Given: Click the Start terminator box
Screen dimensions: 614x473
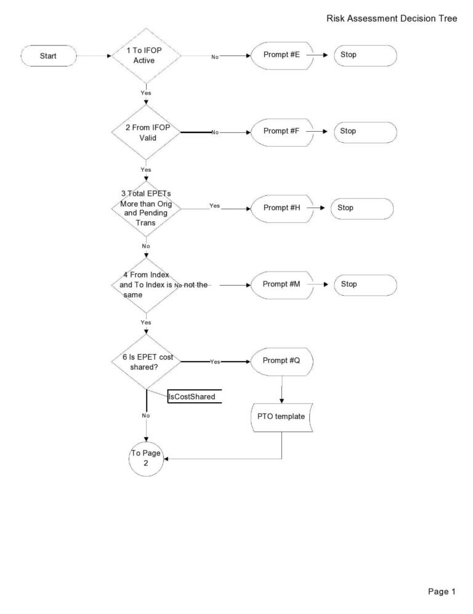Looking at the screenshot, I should pyautogui.click(x=48, y=56).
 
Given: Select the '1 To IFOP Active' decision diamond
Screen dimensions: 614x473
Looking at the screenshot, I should pyautogui.click(x=145, y=56).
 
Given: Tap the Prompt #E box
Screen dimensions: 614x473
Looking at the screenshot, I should pyautogui.click(x=281, y=55).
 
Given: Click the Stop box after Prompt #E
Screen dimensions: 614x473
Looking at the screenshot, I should pyautogui.click(x=365, y=55).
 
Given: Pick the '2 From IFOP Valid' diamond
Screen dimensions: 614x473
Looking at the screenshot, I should pyautogui.click(x=145, y=132).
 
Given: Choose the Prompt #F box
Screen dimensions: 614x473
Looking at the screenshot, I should pyautogui.click(x=281, y=132).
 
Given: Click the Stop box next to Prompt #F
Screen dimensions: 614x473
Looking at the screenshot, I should pyautogui.click(x=365, y=132).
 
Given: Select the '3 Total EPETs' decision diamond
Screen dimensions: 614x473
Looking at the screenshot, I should pyautogui.click(x=145, y=209).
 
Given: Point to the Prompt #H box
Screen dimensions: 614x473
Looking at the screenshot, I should pyautogui.click(x=281, y=208).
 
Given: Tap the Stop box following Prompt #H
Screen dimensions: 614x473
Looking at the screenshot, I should pyautogui.click(x=362, y=208).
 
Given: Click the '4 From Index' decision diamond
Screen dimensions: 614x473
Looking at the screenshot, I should pyautogui.click(x=145, y=285).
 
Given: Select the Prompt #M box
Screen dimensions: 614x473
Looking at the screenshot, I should pyautogui.click(x=281, y=285).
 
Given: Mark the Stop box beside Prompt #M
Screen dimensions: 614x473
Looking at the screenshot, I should pyautogui.click(x=365, y=285).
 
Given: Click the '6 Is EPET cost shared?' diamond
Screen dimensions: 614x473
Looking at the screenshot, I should pyautogui.click(x=145, y=362).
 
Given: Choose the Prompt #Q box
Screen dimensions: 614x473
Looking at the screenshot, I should pyautogui.click(x=281, y=362).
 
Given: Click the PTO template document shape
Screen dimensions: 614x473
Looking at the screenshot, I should pyautogui.click(x=281, y=417).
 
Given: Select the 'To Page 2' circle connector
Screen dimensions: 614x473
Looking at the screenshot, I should pyautogui.click(x=146, y=459).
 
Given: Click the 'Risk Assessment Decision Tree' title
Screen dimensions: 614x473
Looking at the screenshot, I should pyautogui.click(x=392, y=19).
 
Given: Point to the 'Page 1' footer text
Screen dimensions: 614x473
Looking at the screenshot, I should pyautogui.click(x=442, y=592).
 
